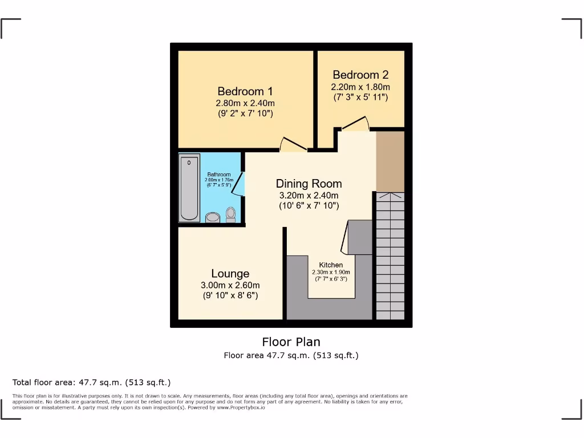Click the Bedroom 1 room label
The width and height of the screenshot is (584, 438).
[x=245, y=91]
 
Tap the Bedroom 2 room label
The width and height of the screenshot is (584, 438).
[x=360, y=75]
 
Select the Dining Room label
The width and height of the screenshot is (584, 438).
[x=309, y=184]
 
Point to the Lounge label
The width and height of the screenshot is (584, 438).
[x=230, y=274]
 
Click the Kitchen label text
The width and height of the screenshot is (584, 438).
[x=331, y=265]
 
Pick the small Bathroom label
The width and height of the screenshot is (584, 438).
[x=219, y=175]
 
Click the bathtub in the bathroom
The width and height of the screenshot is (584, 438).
[x=189, y=189]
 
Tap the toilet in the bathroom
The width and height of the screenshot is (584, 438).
[x=230, y=214]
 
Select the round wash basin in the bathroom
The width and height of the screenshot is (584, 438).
[x=213, y=217]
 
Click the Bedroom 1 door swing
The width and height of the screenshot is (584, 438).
[x=293, y=145]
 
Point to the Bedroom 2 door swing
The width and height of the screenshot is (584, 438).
[x=355, y=124]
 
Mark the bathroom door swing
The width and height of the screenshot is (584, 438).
[x=240, y=184]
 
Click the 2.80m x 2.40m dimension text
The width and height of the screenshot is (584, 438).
[x=245, y=103]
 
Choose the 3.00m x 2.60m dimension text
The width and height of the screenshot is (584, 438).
[x=230, y=285]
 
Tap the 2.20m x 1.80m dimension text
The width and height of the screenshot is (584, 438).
[x=360, y=87]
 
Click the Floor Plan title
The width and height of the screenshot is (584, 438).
[x=291, y=342]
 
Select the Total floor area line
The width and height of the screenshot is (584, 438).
[x=91, y=382]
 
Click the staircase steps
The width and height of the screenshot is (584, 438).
[x=390, y=257]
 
